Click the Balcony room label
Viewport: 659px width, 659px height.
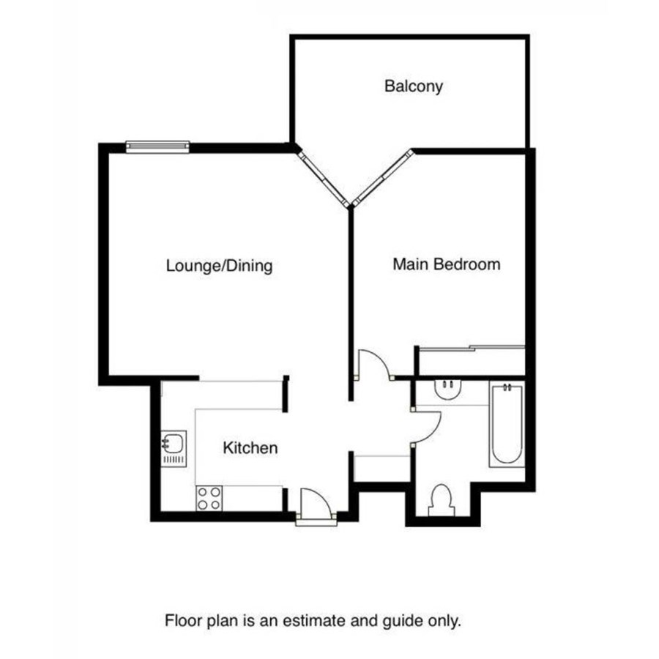tap(414, 86)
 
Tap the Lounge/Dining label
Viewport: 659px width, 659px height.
tap(220, 266)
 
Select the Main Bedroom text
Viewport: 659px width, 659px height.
tap(447, 264)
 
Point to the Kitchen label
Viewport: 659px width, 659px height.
tap(250, 448)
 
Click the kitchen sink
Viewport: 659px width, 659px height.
tap(174, 448)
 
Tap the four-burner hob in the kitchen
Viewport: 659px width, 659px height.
tap(209, 499)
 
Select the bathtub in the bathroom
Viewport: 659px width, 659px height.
tap(507, 424)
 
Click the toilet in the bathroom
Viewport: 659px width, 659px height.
tap(442, 500)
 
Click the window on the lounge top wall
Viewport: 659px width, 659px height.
tap(157, 146)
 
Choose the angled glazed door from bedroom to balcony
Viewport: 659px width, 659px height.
tap(383, 178)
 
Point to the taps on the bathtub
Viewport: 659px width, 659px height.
tap(507, 387)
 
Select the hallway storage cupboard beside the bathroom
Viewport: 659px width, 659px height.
tap(382, 469)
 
